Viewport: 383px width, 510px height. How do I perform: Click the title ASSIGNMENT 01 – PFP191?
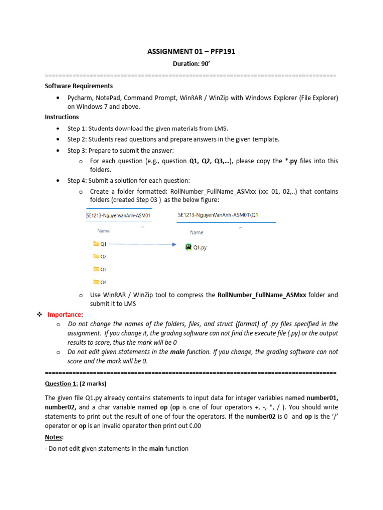click(191, 51)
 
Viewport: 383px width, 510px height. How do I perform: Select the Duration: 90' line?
click(191, 64)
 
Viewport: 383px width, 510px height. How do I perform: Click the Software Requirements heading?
click(79, 86)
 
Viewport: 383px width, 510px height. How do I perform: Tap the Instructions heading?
click(62, 117)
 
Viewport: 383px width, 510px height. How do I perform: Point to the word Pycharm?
click(79, 98)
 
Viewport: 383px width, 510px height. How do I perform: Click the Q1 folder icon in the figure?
click(96, 244)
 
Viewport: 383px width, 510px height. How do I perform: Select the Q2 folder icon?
click(96, 256)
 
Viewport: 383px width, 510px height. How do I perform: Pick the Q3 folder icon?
click(96, 269)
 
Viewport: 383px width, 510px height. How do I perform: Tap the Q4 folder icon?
click(96, 282)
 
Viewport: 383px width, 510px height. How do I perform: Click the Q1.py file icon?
click(189, 247)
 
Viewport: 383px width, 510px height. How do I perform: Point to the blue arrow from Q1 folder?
click(142, 244)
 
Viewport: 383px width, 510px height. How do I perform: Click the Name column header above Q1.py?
click(196, 232)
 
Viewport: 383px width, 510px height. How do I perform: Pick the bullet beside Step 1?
click(59, 129)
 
